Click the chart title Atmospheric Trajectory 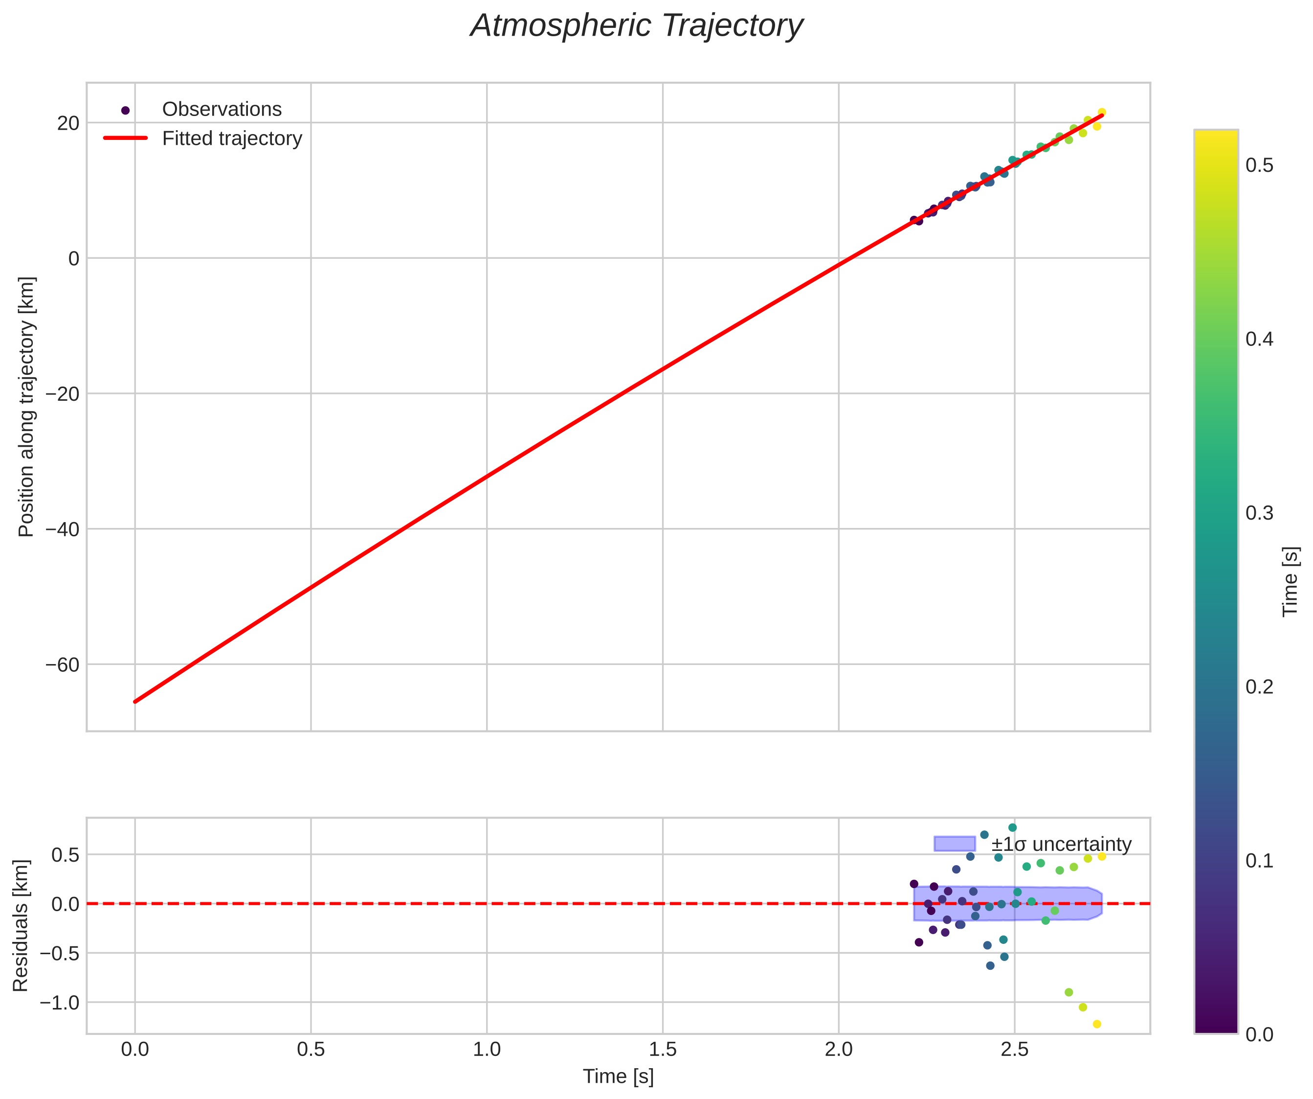click(x=637, y=26)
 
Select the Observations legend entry click(x=222, y=110)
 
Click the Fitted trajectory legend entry click(x=231, y=138)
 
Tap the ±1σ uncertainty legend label click(x=1061, y=845)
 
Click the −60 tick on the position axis click(x=63, y=664)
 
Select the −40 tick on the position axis click(x=63, y=529)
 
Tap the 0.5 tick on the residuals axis click(x=65, y=854)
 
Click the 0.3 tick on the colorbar click(x=1259, y=513)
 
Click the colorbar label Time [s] click(x=1291, y=582)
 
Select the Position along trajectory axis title click(x=26, y=407)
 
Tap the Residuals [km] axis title click(x=21, y=926)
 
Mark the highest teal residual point click(x=1012, y=827)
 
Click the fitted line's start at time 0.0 click(x=135, y=701)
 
